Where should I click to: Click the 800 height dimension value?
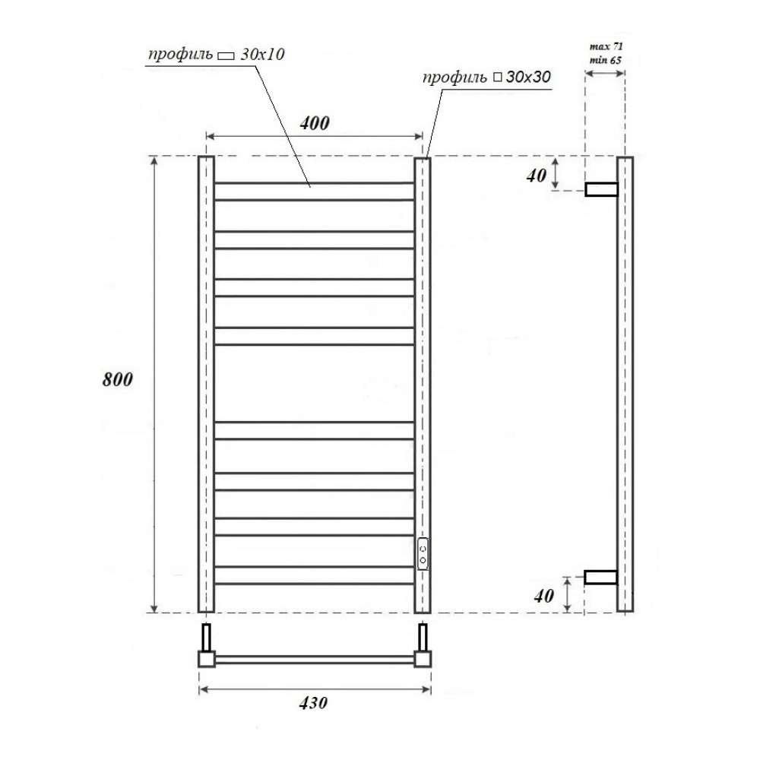click(x=117, y=379)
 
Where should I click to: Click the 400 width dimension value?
click(x=315, y=123)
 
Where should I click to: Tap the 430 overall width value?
click(x=313, y=702)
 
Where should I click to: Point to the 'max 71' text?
click(x=606, y=46)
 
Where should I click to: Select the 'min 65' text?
click(x=606, y=60)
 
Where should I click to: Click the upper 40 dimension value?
click(x=537, y=176)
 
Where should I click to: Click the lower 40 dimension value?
click(x=544, y=596)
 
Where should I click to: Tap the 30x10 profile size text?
click(x=262, y=54)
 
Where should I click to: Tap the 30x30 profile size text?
click(x=528, y=77)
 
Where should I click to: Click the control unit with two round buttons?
click(x=423, y=553)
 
